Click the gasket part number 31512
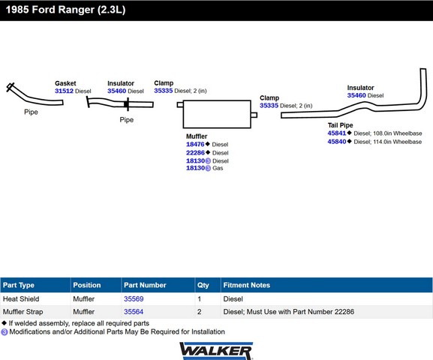point(64,91)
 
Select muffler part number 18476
point(195,144)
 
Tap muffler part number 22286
point(195,153)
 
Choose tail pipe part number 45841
point(337,133)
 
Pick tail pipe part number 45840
point(337,142)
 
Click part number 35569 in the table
point(134,298)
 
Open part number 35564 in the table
point(134,312)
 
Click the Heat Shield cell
point(21,298)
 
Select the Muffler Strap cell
point(23,312)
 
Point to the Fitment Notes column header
point(247,285)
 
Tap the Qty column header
point(203,285)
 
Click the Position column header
point(87,285)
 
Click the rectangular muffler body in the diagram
point(217,114)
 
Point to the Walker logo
point(216,351)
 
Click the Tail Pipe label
point(340,125)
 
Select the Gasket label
point(65,83)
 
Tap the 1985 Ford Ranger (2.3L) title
point(66,10)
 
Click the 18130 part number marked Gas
point(196,168)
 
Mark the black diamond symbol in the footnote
point(5,322)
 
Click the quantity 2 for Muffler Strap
point(200,312)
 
